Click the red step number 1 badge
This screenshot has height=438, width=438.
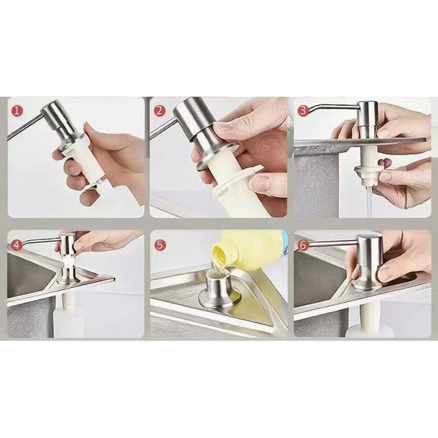click(17, 111)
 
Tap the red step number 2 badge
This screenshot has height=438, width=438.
click(160, 111)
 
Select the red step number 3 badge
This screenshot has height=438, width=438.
click(303, 111)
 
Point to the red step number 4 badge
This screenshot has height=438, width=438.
click(17, 245)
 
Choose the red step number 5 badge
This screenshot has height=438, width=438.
click(160, 245)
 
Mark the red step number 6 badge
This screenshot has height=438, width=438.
click(303, 245)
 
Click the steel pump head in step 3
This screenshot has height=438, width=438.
click(368, 120)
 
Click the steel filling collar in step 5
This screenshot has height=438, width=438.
click(219, 291)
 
